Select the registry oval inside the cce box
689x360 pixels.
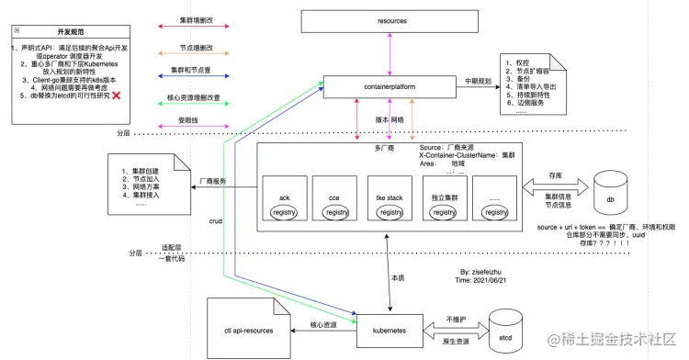click(x=337, y=212)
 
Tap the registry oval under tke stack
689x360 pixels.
click(x=390, y=212)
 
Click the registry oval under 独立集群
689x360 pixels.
click(x=444, y=212)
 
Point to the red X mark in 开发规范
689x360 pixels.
click(x=117, y=96)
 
